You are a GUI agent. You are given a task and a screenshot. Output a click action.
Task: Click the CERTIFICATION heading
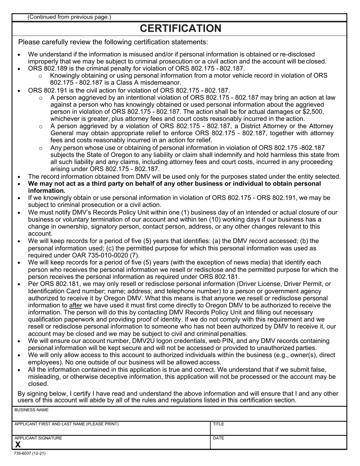[180, 28]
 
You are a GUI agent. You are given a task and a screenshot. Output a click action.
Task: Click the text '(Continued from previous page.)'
[69, 17]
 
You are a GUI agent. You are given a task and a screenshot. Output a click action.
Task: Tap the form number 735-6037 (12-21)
[30, 453]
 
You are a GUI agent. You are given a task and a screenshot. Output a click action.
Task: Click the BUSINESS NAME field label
[31, 410]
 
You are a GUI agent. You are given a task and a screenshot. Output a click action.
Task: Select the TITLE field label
[219, 424]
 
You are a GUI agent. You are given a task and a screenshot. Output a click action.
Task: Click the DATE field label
[219, 438]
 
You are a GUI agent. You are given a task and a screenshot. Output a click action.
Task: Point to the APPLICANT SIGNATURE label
[38, 438]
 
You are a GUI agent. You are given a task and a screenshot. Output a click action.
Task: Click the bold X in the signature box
[18, 445]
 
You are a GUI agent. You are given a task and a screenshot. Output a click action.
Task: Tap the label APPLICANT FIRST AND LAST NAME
[66, 424]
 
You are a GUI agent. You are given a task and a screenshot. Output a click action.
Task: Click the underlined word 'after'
[76, 305]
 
